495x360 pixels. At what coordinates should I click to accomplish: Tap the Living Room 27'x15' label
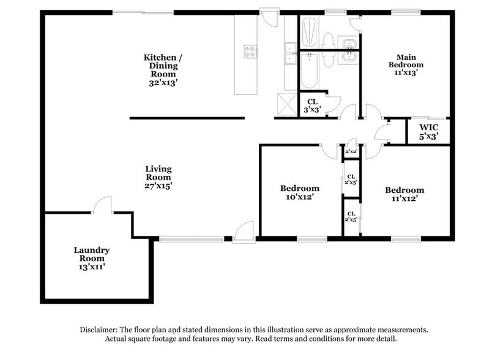(x=158, y=177)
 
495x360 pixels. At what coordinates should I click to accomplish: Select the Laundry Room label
(x=92, y=258)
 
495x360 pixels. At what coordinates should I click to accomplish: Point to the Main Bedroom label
(x=406, y=64)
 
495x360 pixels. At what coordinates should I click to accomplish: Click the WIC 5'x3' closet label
(x=428, y=132)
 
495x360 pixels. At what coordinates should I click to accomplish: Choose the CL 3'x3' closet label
(x=312, y=106)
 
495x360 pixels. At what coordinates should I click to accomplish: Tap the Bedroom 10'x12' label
(x=299, y=192)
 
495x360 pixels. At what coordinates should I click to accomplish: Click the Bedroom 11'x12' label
(x=404, y=194)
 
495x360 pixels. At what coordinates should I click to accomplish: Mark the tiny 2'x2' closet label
(x=351, y=151)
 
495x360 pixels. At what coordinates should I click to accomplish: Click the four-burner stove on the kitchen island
(x=250, y=51)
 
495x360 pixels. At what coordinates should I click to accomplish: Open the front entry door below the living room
(x=243, y=231)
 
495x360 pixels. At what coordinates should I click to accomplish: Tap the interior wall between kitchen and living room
(x=187, y=118)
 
